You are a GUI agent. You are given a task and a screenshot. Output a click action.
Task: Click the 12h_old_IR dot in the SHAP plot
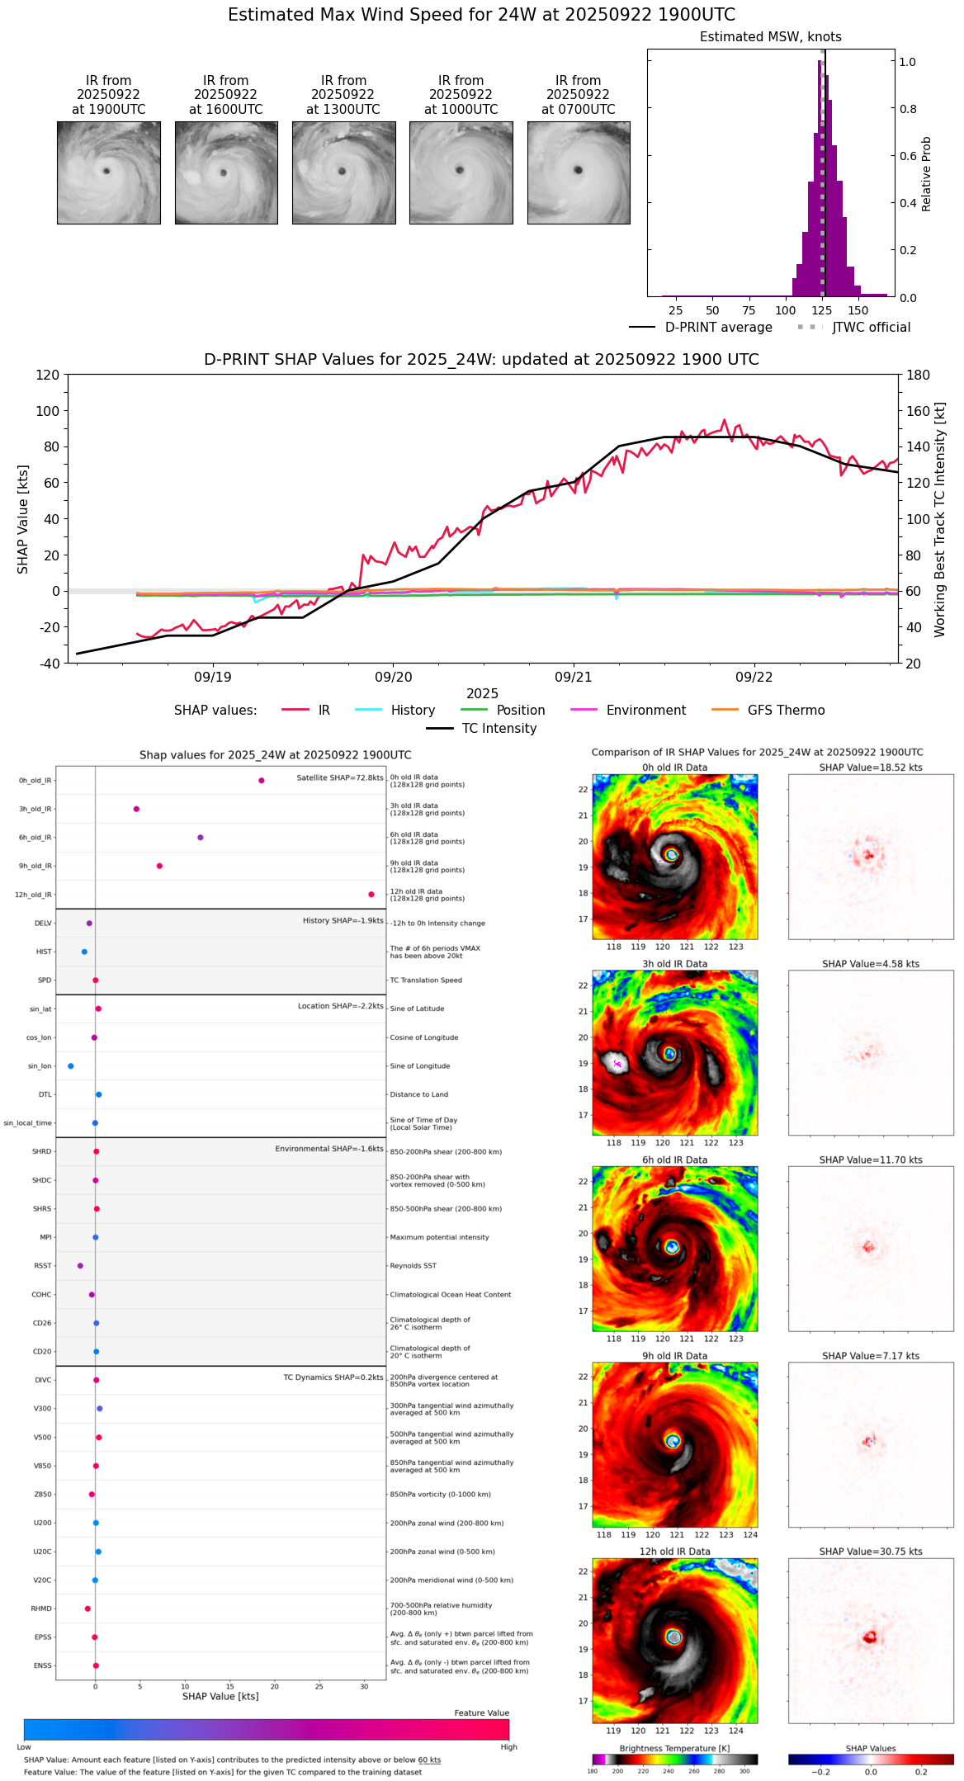coord(371,894)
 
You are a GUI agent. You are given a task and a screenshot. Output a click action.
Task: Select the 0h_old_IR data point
coord(262,780)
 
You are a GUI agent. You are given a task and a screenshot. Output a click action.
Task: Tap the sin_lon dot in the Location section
coord(71,1065)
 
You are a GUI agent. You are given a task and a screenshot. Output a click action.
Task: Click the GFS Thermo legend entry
coord(786,710)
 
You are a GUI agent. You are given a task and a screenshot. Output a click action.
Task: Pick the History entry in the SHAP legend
coord(413,710)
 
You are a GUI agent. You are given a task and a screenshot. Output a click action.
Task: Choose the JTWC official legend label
coord(871,327)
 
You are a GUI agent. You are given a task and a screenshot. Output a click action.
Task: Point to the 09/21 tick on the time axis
coord(574,677)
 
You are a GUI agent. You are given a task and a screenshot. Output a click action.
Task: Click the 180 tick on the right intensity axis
coord(918,375)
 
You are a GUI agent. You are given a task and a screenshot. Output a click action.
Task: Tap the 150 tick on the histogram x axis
coord(858,310)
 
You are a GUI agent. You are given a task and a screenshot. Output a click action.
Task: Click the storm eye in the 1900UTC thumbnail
coord(106,171)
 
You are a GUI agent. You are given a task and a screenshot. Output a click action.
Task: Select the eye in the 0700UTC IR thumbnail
coord(579,170)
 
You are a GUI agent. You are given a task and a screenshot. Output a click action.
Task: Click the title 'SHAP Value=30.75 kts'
coord(870,1551)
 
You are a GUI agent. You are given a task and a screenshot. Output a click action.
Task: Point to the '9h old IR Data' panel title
coord(674,1355)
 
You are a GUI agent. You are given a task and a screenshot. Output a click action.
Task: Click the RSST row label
coord(43,1265)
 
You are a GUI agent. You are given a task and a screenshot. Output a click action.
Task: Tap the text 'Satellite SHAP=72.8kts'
coord(340,777)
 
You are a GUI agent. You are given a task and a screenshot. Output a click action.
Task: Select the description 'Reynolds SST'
coord(413,1265)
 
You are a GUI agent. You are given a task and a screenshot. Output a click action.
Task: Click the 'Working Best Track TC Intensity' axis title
coord(940,520)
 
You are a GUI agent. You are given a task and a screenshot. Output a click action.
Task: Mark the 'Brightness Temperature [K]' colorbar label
coord(674,1748)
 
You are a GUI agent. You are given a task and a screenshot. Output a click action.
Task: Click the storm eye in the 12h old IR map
coord(674,1637)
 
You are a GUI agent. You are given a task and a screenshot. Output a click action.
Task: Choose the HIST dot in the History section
coord(84,952)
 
